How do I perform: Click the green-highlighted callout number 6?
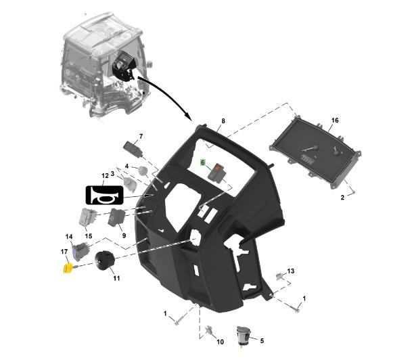203,162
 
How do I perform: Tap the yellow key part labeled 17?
67,269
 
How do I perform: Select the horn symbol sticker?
105,195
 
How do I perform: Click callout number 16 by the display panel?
335,120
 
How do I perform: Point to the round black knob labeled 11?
105,261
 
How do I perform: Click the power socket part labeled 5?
244,335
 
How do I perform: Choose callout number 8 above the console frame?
223,121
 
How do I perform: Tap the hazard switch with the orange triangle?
217,172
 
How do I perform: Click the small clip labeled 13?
279,276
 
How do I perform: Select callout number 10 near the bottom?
220,342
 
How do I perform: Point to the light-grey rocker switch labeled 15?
87,217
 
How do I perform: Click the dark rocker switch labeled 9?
116,217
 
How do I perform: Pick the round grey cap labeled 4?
143,171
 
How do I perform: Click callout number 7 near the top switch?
141,137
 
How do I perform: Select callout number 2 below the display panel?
342,198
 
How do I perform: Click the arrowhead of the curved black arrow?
187,116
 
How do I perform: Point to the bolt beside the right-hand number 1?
294,308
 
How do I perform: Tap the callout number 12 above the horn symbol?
106,176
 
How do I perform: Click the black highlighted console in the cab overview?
123,66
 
